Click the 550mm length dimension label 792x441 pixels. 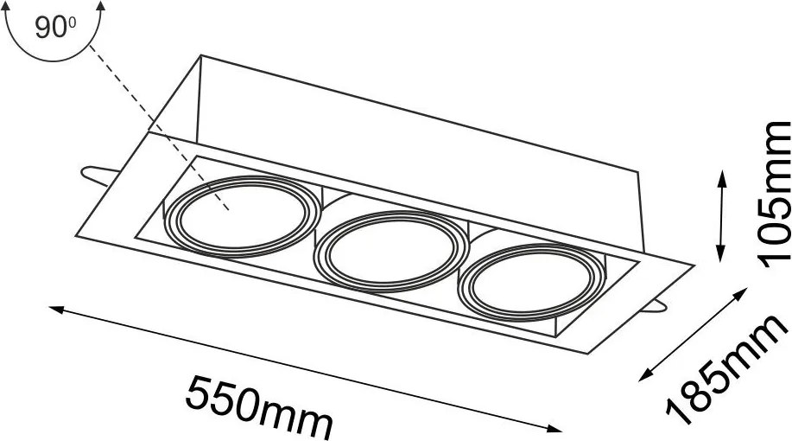tap(258, 406)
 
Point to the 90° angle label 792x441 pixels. tap(55, 27)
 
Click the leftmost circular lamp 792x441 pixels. tap(243, 216)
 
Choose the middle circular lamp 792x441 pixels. tap(389, 252)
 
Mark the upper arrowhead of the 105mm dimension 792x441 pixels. tap(721, 178)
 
